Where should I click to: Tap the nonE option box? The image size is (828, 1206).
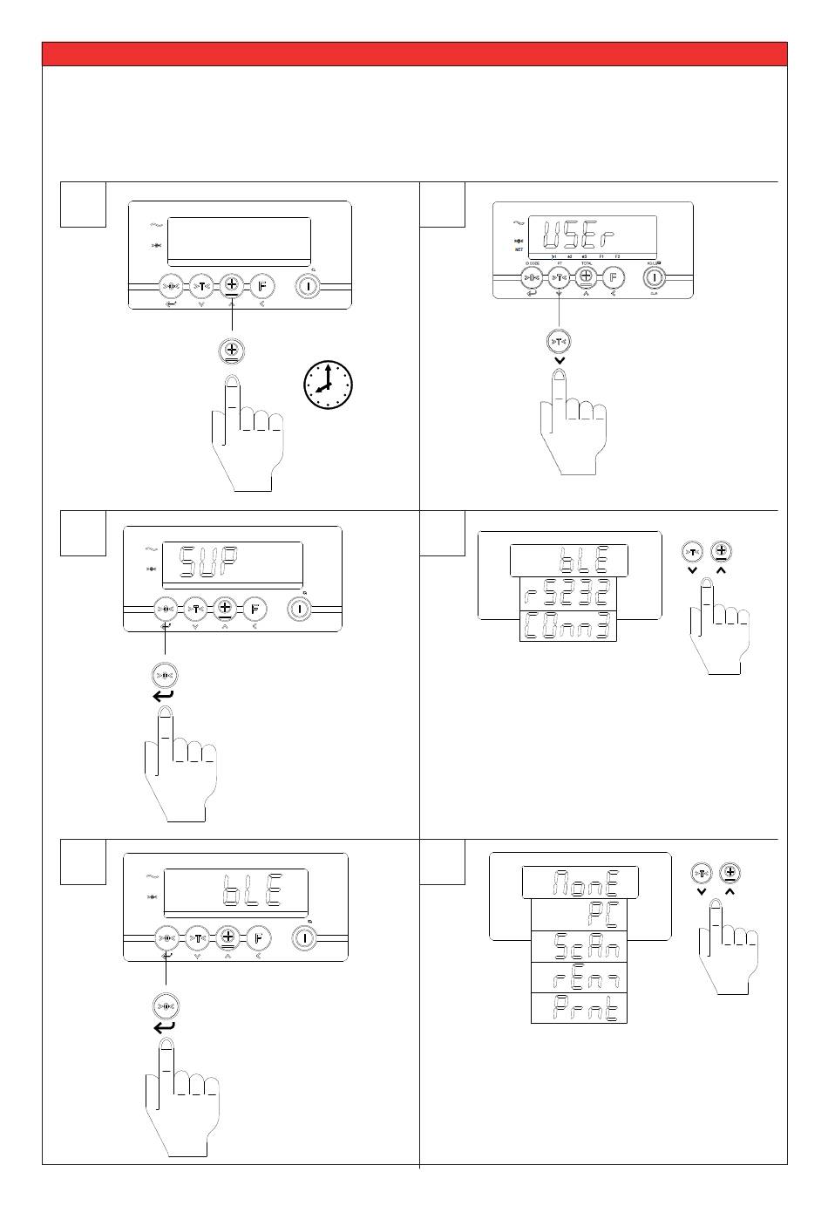point(580,882)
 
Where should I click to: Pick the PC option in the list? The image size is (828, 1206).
point(580,915)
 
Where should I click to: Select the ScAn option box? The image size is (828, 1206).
point(580,947)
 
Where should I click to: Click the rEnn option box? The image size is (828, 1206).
point(580,978)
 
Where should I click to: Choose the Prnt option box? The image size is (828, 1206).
point(580,1009)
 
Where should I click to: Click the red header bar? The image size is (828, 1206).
point(415,53)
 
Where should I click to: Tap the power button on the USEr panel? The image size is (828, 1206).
point(655,277)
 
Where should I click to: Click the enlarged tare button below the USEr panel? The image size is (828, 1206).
point(559,341)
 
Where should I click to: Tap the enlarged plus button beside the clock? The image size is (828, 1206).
point(231,351)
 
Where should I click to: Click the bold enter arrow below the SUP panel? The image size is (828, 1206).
point(164,695)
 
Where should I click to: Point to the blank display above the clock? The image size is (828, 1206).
point(239,242)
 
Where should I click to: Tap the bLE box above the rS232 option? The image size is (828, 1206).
point(570,559)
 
